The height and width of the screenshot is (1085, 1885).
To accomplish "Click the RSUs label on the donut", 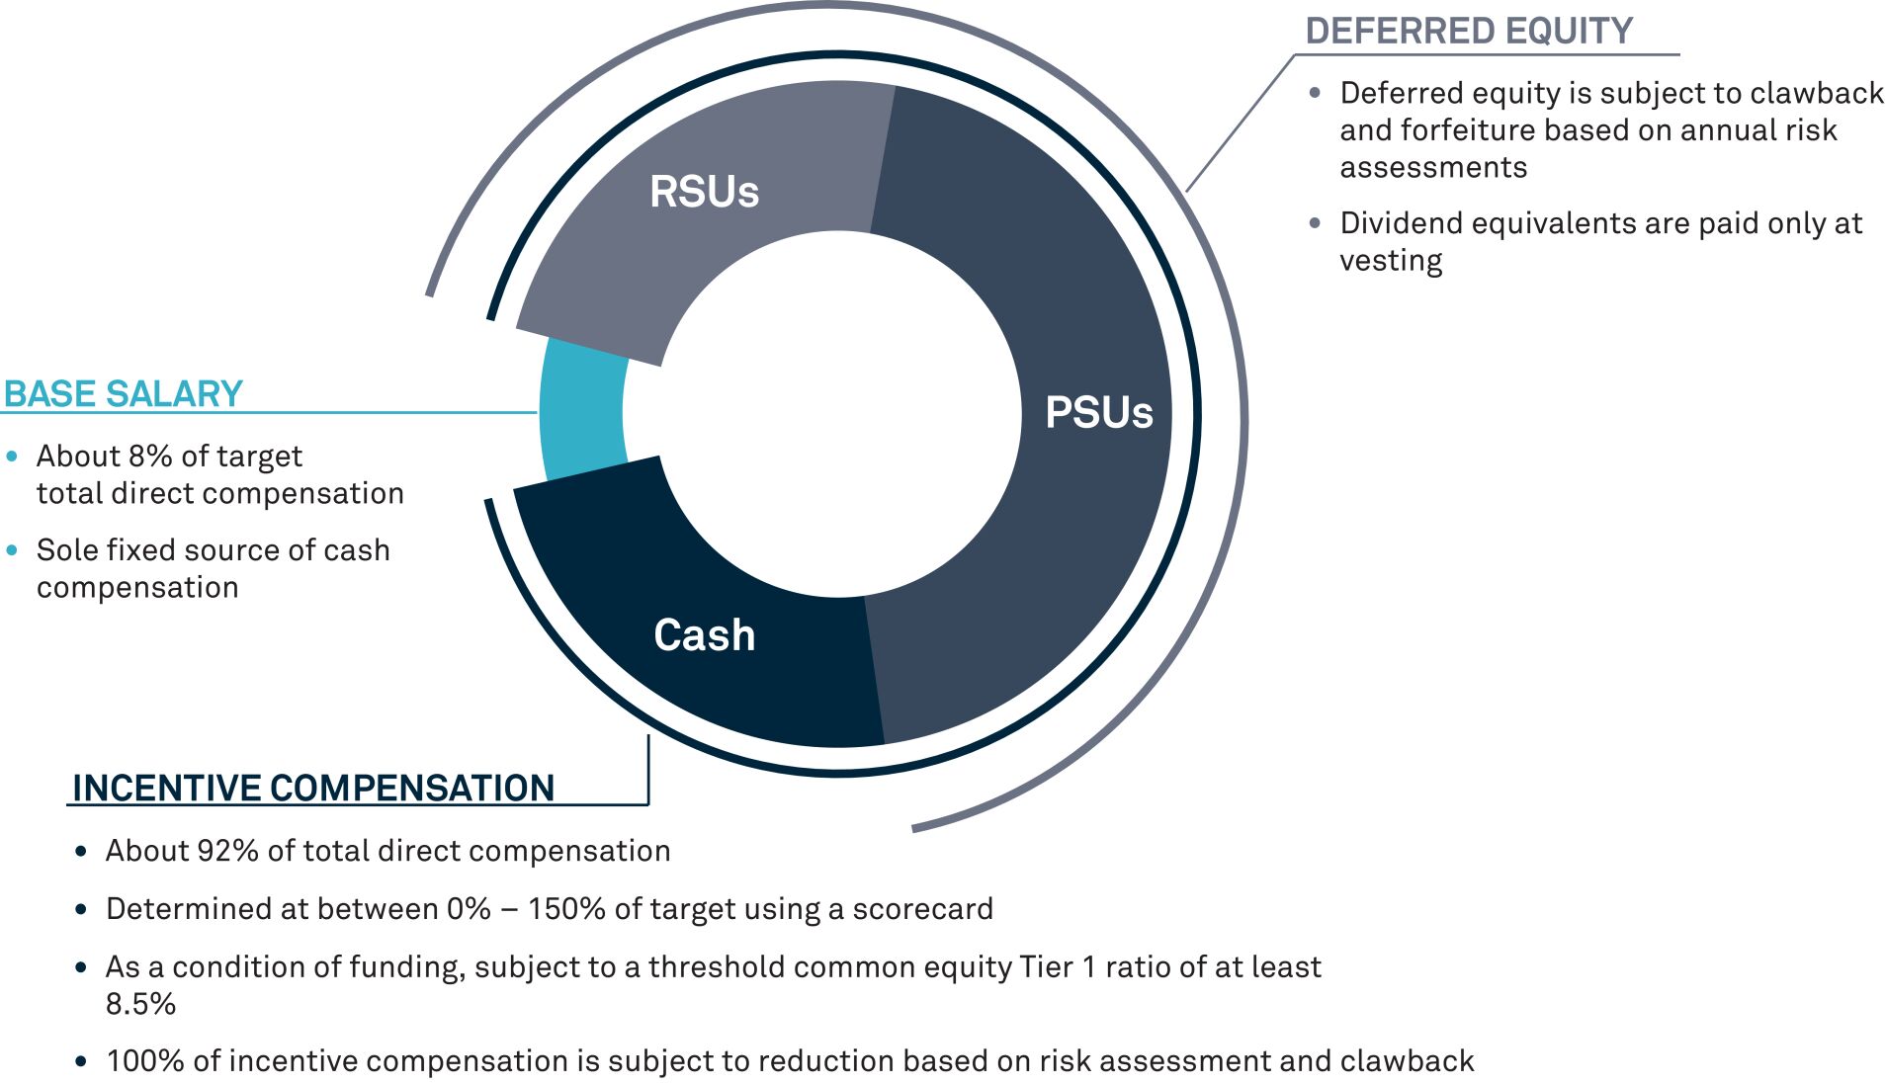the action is tap(704, 192).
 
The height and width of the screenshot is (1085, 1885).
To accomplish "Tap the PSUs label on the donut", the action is tap(1099, 412).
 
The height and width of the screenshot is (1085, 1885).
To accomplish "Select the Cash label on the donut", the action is tap(705, 634).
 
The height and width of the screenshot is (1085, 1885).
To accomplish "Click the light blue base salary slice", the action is tap(584, 410).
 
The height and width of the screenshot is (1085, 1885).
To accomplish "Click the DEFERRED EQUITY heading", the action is tap(1469, 31).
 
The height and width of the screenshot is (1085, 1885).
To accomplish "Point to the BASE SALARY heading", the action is tap(124, 393).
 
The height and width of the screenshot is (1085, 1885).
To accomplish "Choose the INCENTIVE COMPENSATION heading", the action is tap(313, 788).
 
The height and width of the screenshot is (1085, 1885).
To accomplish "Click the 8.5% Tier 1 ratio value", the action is tap(140, 1004).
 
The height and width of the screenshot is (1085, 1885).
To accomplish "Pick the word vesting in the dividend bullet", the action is tap(1391, 261).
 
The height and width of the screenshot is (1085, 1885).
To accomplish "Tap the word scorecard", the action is tap(922, 908).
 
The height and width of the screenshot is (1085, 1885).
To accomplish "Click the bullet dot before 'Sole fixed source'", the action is tap(12, 550).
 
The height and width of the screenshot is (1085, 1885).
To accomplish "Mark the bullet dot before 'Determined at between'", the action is tap(81, 909).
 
